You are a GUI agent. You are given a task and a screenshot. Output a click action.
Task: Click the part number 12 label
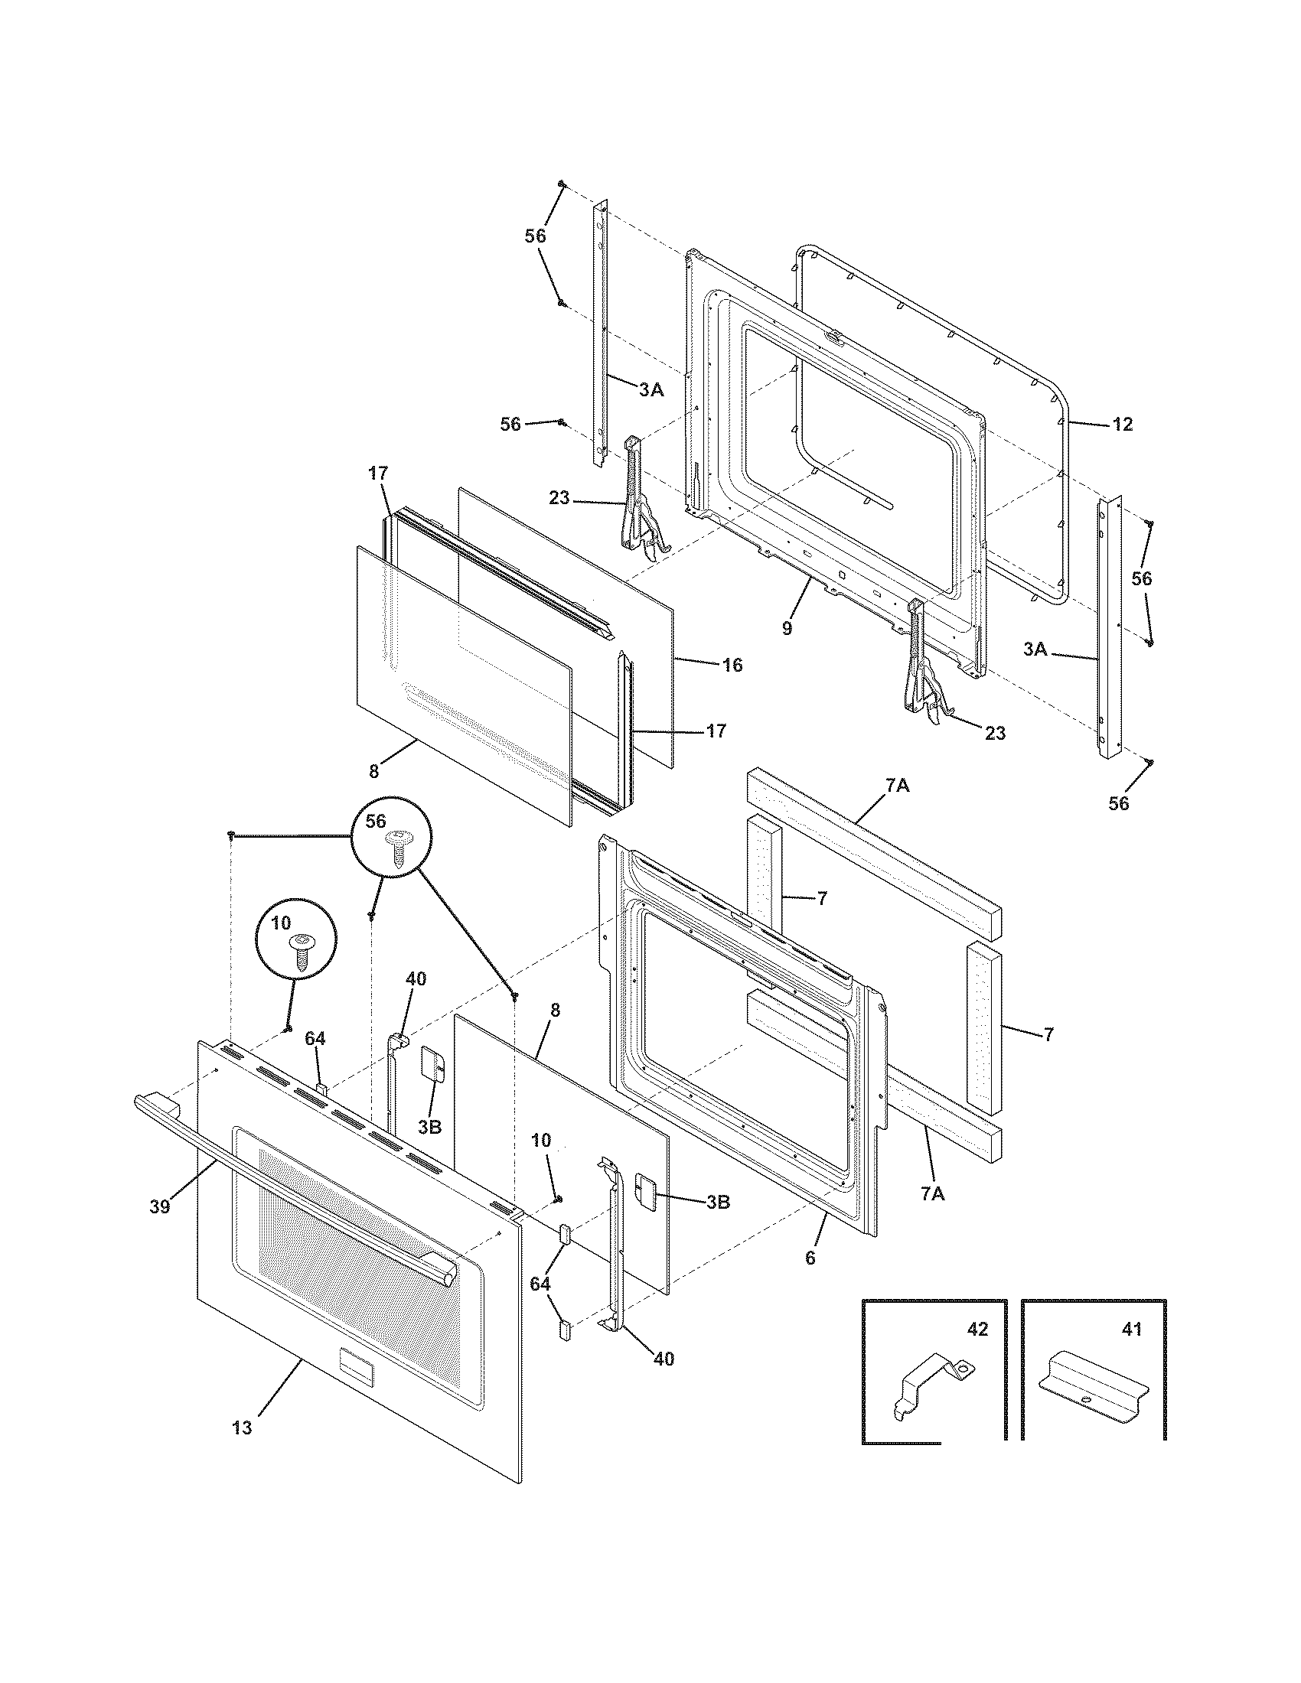coord(1123,425)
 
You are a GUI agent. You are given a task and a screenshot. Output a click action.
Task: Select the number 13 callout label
coord(241,1428)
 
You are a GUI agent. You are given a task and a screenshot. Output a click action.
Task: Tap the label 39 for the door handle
coord(159,1206)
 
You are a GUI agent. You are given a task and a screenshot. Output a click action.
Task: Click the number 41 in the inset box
coord(1132,1330)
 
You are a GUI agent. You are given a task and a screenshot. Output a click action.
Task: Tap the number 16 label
coord(732,665)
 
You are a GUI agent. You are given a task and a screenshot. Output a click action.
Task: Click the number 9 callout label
coord(786,628)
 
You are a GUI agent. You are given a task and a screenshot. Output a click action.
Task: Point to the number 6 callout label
coord(810,1258)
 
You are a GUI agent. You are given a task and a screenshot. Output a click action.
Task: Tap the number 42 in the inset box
coord(977,1330)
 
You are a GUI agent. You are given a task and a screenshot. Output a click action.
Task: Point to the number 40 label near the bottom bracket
coord(664,1359)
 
